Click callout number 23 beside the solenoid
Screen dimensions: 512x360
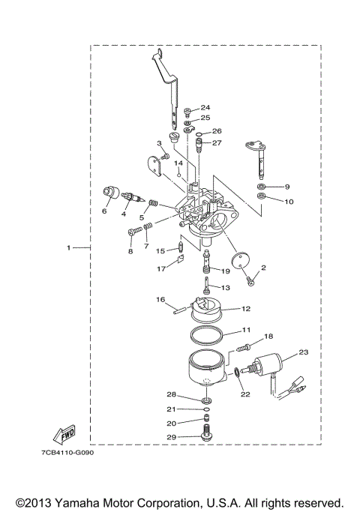pyautogui.click(x=303, y=352)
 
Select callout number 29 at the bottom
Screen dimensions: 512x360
pyautogui.click(x=171, y=437)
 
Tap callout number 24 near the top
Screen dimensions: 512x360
pyautogui.click(x=205, y=108)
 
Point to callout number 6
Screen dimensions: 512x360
pyautogui.click(x=104, y=211)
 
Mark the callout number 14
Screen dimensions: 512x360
pyautogui.click(x=178, y=163)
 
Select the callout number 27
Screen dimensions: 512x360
pyautogui.click(x=217, y=142)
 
